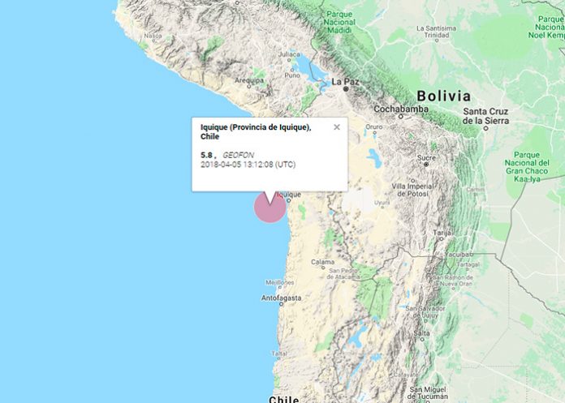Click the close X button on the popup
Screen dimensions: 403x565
pyautogui.click(x=337, y=126)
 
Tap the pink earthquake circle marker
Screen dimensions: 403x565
pyautogui.click(x=270, y=207)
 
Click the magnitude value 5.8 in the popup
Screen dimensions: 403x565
pyautogui.click(x=206, y=154)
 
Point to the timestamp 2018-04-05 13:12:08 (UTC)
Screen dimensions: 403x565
pyautogui.click(x=248, y=165)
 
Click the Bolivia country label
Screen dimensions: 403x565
pyautogui.click(x=443, y=95)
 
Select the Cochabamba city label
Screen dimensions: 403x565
pyautogui.click(x=401, y=108)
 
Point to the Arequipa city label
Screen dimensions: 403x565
pyautogui.click(x=250, y=81)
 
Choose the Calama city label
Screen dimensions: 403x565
pyautogui.click(x=323, y=262)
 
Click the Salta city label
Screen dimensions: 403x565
pyautogui.click(x=421, y=333)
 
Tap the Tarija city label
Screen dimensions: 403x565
pyautogui.click(x=442, y=233)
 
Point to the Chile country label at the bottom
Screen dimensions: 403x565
pyautogui.click(x=284, y=398)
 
